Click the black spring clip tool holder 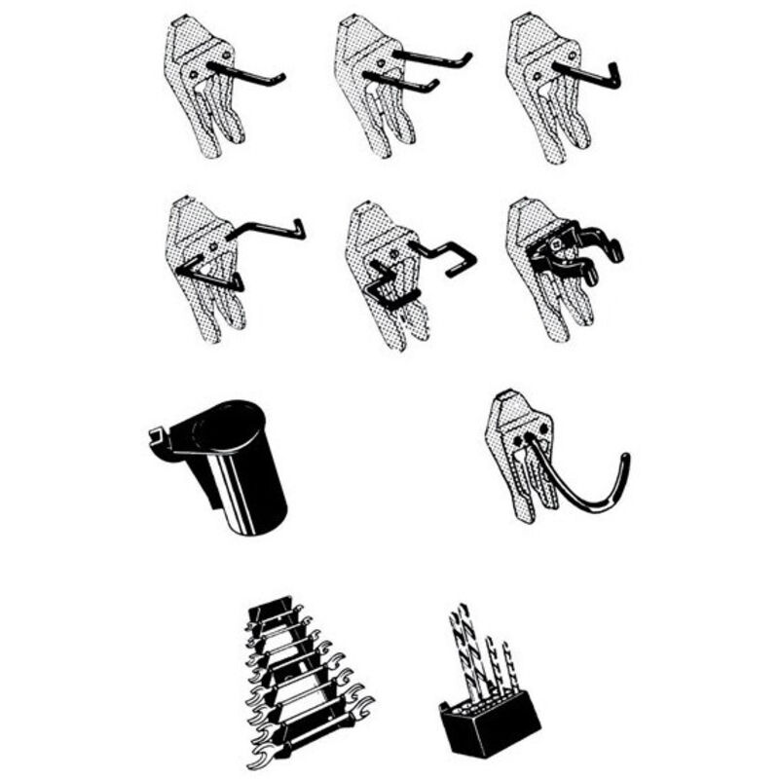click(x=575, y=248)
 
